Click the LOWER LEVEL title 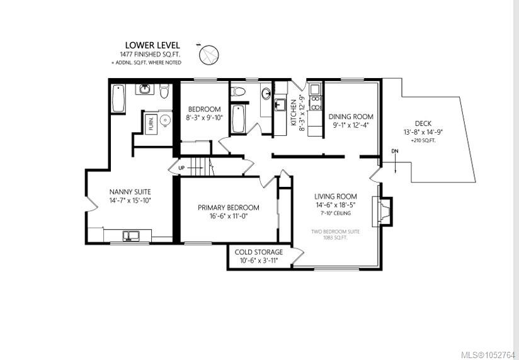pyautogui.click(x=152, y=45)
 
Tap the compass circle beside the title pyautogui.click(x=209, y=55)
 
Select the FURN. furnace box pyautogui.click(x=151, y=124)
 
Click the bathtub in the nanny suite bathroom pyautogui.click(x=118, y=99)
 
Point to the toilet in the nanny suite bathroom pyautogui.click(x=164, y=91)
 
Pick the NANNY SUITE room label pyautogui.click(x=130, y=192)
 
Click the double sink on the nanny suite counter pyautogui.click(x=131, y=235)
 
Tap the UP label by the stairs pyautogui.click(x=181, y=168)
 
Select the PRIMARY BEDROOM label pyautogui.click(x=229, y=208)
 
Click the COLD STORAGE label pyautogui.click(x=259, y=252)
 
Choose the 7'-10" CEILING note pyautogui.click(x=336, y=213)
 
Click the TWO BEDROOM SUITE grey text pyautogui.click(x=335, y=232)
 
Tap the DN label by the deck pyautogui.click(x=395, y=151)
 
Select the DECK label pyautogui.click(x=423, y=123)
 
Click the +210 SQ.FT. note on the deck pyautogui.click(x=423, y=140)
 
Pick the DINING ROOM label pyautogui.click(x=351, y=116)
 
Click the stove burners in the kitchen pyautogui.click(x=316, y=103)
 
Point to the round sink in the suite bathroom pyautogui.click(x=266, y=94)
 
